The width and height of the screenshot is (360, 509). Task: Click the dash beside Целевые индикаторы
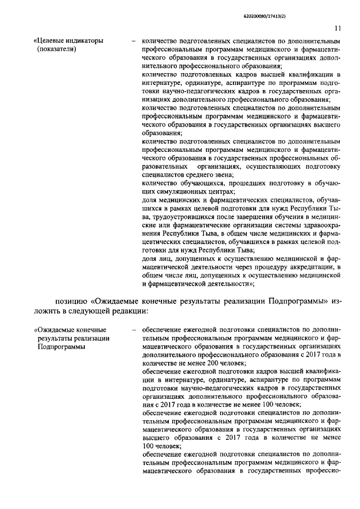(x=133, y=40)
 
